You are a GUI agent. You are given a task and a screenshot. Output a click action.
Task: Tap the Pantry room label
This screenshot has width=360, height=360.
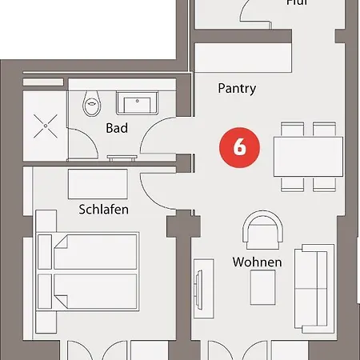237,89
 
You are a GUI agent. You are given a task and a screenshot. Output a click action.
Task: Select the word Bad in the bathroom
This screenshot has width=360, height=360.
117,128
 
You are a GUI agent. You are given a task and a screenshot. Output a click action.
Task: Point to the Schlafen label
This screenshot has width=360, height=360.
104,210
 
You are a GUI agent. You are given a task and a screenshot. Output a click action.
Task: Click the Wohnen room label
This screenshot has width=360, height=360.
257,262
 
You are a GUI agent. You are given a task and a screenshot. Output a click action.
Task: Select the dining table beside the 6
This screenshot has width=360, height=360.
305,156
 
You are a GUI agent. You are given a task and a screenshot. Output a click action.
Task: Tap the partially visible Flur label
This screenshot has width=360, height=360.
297,3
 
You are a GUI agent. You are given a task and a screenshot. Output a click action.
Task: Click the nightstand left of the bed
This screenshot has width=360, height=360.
46,224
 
